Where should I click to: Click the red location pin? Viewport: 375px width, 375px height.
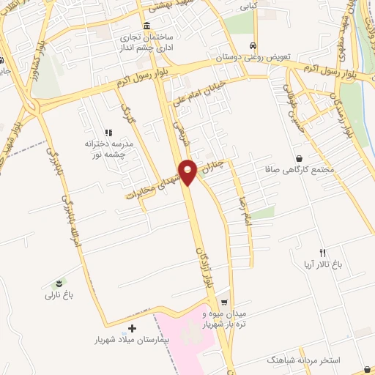(x=188, y=171)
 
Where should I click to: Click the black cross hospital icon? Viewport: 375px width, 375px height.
(x=132, y=328)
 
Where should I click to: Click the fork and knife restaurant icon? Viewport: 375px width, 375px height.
(x=323, y=253)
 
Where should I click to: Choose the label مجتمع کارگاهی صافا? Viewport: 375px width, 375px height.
(x=301, y=169)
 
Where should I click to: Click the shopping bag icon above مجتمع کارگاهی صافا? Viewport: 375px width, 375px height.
(x=300, y=158)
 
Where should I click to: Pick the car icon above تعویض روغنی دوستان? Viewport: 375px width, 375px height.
(x=253, y=44)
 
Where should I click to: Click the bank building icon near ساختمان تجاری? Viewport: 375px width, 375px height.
(x=146, y=27)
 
